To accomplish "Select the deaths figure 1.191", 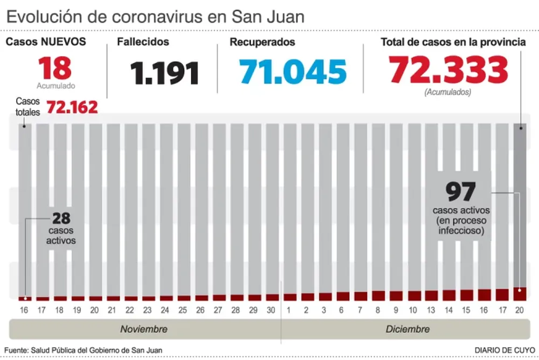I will (164, 73).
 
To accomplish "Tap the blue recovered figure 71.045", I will (293, 72).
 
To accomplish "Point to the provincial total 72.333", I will (448, 70).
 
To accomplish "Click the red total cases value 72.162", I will (72, 107).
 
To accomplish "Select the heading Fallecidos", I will (144, 42).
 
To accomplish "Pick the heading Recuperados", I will (262, 42).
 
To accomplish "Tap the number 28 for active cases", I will (61, 218).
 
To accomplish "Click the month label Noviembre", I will (144, 329).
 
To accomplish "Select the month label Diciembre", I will (407, 329).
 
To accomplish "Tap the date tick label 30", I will (271, 310).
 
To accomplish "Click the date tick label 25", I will (183, 310).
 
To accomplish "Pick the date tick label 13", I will (431, 310).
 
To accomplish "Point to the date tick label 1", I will (289, 310).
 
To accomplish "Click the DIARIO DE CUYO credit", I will (505, 350).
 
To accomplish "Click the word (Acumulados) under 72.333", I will (448, 92).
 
